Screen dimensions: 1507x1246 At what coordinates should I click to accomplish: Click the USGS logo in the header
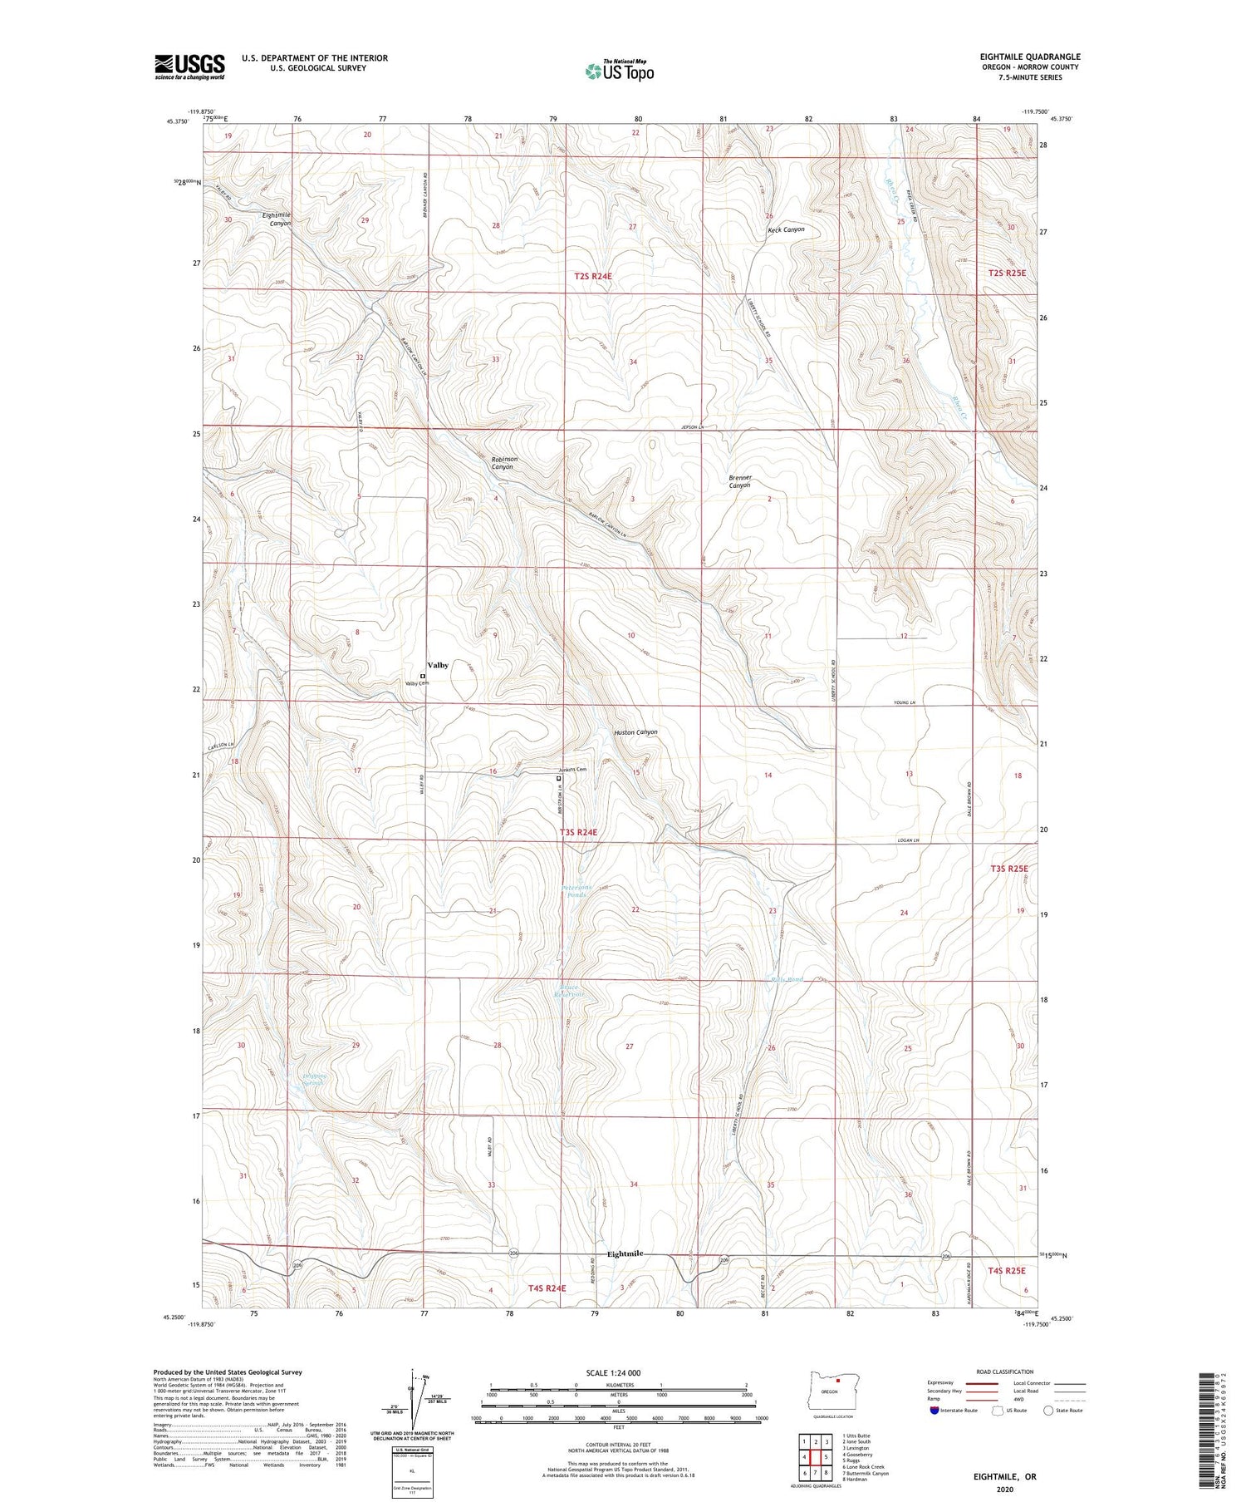pyautogui.click(x=189, y=66)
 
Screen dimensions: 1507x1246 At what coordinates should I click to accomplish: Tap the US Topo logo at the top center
pyautogui.click(x=619, y=71)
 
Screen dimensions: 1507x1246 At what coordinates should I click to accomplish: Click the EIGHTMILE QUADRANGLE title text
pyautogui.click(x=1029, y=57)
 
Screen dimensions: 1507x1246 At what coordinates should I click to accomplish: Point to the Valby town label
pyautogui.click(x=438, y=665)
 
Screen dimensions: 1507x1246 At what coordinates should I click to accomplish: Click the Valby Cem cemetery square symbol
pyautogui.click(x=422, y=677)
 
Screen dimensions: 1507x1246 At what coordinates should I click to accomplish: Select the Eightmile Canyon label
pyautogui.click(x=276, y=219)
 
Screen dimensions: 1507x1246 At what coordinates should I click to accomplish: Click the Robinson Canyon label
pyautogui.click(x=503, y=463)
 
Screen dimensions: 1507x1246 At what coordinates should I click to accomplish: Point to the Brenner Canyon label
pyautogui.click(x=739, y=481)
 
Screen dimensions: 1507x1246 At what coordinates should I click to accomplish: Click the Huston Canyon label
pyautogui.click(x=635, y=732)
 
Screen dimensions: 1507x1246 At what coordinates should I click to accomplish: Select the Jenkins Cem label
pyautogui.click(x=572, y=770)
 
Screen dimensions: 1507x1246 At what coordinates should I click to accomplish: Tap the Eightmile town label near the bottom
pyautogui.click(x=625, y=1253)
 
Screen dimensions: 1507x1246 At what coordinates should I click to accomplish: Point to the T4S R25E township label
pyautogui.click(x=1007, y=1271)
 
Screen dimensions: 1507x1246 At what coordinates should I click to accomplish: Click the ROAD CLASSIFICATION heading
pyautogui.click(x=1005, y=1372)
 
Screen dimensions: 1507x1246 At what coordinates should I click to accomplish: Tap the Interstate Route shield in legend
pyautogui.click(x=935, y=1411)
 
